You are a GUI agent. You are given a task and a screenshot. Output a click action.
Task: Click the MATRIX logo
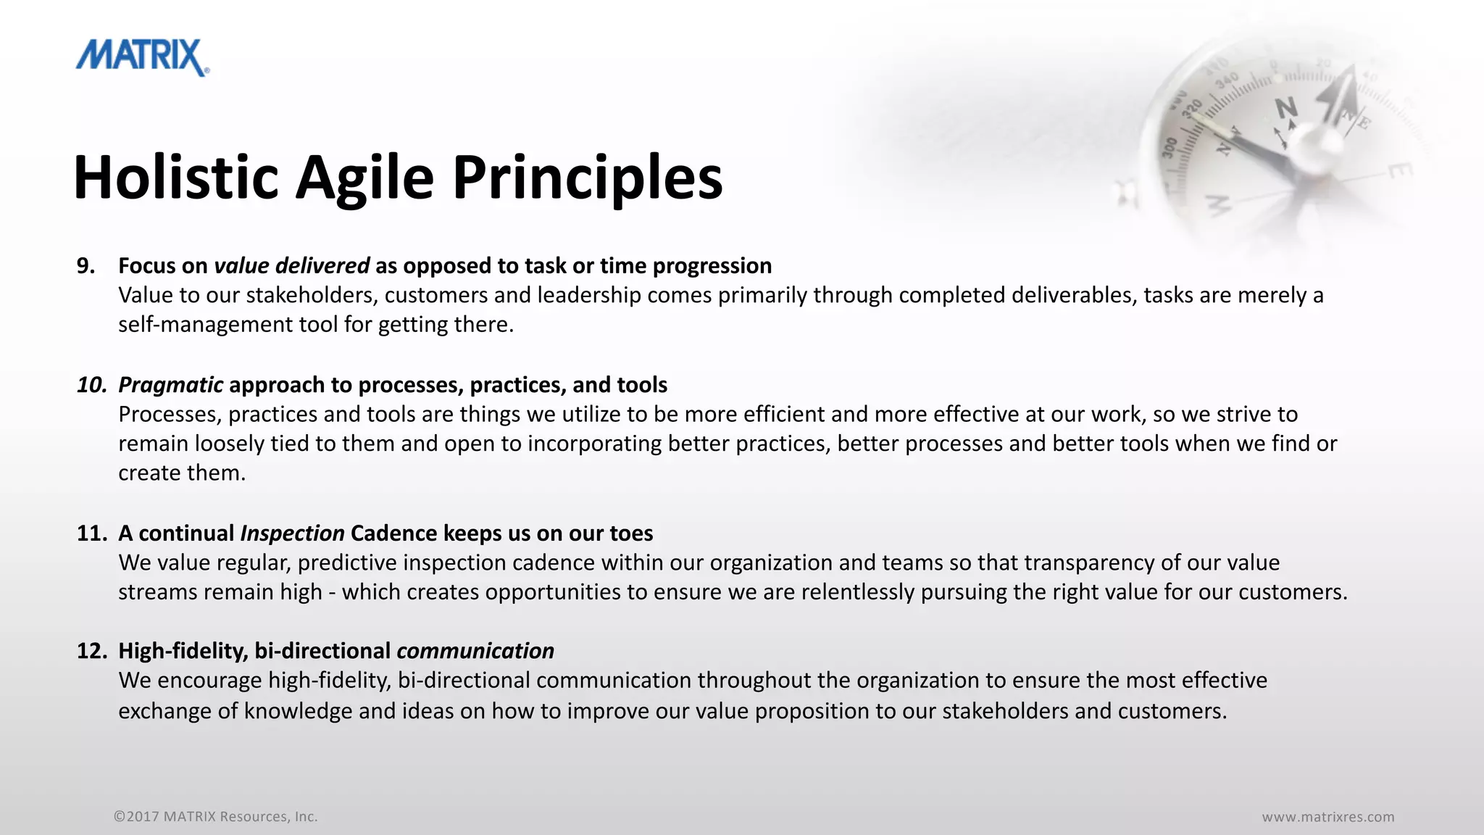[142, 57]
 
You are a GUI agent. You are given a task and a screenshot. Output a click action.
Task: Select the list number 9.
[86, 266]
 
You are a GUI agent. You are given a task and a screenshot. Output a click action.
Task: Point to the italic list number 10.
[92, 385]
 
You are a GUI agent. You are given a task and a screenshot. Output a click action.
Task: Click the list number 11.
[92, 533]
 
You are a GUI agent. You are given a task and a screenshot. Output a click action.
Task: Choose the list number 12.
[92, 651]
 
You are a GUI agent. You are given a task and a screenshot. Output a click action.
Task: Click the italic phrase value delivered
[291, 266]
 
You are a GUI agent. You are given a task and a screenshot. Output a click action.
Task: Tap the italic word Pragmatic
[170, 385]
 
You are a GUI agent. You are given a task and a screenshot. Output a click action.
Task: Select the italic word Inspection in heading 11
[292, 533]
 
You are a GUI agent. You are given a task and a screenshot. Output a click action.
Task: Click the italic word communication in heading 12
[475, 651]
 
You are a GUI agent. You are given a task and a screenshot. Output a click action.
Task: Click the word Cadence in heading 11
[393, 533]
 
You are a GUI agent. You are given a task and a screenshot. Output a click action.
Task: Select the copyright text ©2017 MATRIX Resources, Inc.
[215, 817]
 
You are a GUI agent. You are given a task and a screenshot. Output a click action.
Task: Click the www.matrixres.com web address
[1327, 817]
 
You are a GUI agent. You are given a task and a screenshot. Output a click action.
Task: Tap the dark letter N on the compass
[1286, 109]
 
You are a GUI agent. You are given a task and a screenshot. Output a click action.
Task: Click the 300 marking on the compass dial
[1170, 147]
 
